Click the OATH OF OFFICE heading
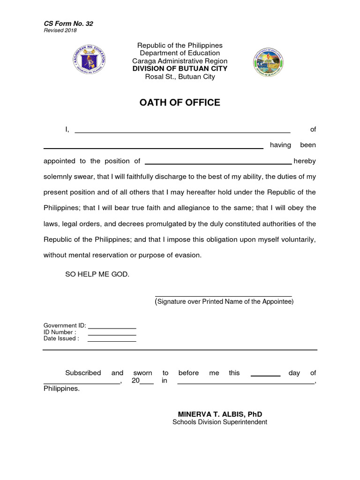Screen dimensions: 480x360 click(180, 103)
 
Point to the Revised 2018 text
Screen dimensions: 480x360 click(60, 30)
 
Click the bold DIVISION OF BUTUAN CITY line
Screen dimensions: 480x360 click(180, 68)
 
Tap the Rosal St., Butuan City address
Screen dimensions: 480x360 click(180, 76)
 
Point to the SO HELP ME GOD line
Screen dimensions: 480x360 click(97, 274)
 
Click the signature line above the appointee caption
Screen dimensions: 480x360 click(224, 296)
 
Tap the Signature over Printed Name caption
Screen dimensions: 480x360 click(225, 302)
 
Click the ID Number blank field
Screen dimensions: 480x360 click(112, 335)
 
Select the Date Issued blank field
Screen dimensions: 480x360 click(112, 341)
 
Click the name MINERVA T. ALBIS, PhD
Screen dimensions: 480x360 click(220, 414)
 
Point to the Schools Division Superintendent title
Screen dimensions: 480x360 click(220, 422)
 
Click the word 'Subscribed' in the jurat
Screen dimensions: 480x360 click(83, 373)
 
